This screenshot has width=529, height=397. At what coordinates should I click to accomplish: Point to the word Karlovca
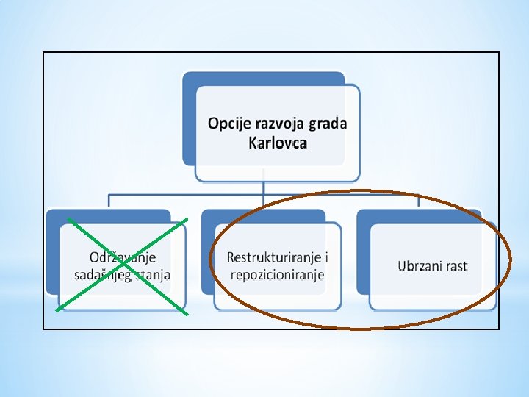(278, 142)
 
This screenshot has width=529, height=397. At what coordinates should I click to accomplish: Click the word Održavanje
(123, 258)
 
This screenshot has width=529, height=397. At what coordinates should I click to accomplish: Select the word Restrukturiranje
(273, 257)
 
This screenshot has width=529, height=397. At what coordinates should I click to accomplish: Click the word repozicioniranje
(277, 274)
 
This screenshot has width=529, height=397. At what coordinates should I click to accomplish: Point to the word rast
(456, 266)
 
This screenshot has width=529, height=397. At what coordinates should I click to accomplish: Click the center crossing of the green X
(122, 265)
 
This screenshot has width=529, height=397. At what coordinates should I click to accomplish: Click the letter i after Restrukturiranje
(326, 257)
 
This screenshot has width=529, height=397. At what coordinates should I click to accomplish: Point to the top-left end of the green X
(68, 219)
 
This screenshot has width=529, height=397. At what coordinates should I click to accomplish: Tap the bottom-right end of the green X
(186, 314)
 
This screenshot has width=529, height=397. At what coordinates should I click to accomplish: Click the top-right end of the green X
(187, 219)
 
